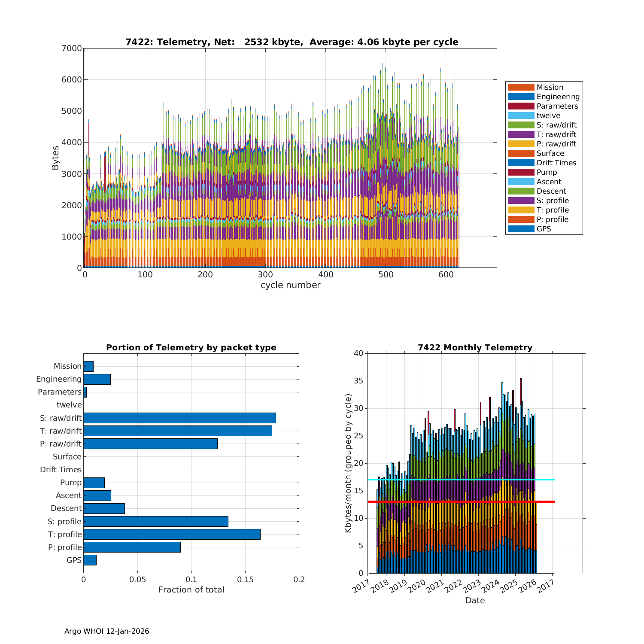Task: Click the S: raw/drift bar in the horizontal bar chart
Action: (x=179, y=418)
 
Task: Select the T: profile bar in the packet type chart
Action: (x=172, y=534)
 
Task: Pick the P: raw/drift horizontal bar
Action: (x=150, y=444)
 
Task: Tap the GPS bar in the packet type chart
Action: (x=90, y=560)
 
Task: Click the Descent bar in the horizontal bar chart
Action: (x=104, y=508)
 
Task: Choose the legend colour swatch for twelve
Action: (x=521, y=115)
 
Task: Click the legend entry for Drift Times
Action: (x=556, y=163)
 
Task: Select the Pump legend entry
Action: (x=547, y=172)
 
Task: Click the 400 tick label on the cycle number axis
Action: (x=326, y=275)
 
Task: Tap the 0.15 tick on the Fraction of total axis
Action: (x=245, y=580)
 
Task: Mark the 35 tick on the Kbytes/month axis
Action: (x=358, y=381)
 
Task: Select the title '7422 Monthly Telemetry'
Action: (x=475, y=348)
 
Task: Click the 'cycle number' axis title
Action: (x=290, y=285)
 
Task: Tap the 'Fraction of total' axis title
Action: (x=191, y=590)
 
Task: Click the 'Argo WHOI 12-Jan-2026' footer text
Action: (x=106, y=631)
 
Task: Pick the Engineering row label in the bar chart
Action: (x=59, y=379)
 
